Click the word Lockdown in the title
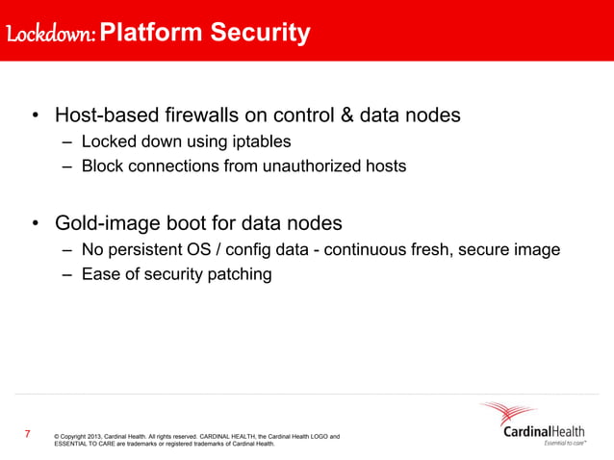point(48,35)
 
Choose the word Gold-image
point(107,224)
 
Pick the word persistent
point(147,250)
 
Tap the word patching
point(239,274)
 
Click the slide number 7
point(27,435)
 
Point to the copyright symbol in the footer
point(58,437)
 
